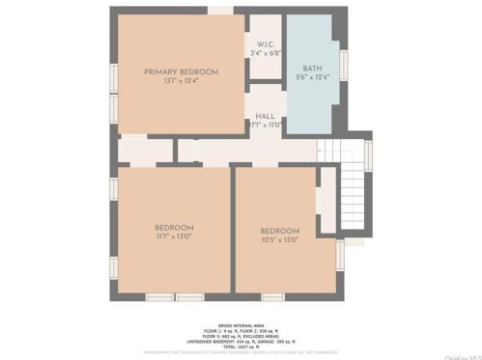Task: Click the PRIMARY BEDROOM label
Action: click(x=181, y=72)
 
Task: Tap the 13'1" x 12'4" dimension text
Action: click(x=181, y=81)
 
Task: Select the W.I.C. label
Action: click(x=266, y=43)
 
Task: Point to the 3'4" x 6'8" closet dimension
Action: click(x=266, y=52)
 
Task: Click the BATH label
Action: click(x=312, y=69)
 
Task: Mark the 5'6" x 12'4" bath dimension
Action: click(x=312, y=77)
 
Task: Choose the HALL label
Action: click(x=266, y=116)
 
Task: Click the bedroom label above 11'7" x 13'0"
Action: click(x=174, y=228)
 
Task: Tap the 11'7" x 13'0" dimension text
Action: click(x=174, y=236)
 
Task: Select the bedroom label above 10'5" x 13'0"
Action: click(x=279, y=231)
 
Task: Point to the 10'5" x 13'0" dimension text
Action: click(x=279, y=239)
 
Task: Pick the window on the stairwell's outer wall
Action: click(x=368, y=154)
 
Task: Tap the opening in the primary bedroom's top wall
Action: click(x=220, y=11)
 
